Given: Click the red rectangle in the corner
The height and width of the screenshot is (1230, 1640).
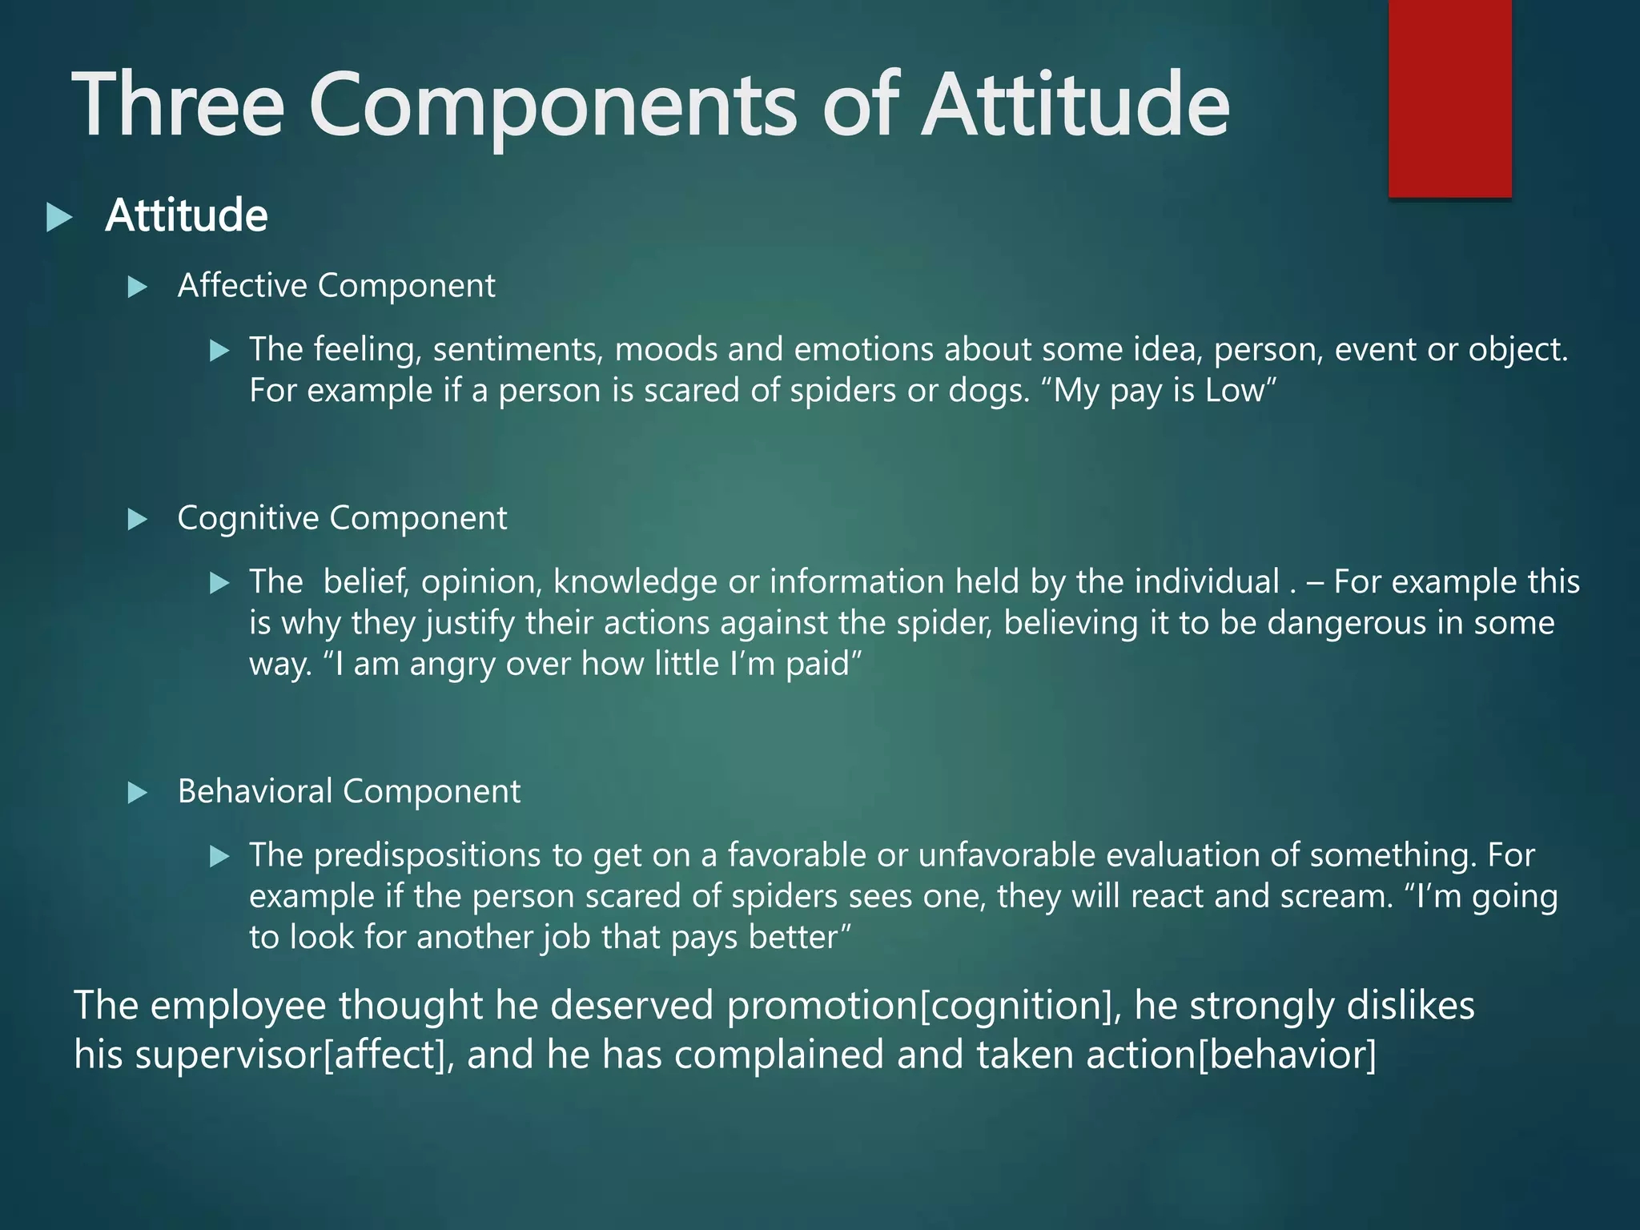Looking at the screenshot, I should tap(1449, 98).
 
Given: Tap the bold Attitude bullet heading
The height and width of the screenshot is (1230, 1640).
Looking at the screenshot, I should tap(186, 216).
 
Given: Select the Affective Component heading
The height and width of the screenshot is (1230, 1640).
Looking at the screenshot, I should tap(336, 286).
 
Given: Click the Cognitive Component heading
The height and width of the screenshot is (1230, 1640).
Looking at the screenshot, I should tap(342, 518).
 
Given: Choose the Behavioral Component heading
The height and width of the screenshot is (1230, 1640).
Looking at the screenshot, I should tap(349, 791).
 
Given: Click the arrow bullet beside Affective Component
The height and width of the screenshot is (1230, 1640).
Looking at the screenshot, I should tap(138, 287).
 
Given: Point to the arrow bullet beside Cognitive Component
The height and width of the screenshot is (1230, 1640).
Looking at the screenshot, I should tap(138, 520).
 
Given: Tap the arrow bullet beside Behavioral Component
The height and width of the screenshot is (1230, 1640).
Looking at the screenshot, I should tap(138, 793).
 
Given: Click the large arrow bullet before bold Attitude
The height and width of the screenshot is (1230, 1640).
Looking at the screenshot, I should tap(59, 217).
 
